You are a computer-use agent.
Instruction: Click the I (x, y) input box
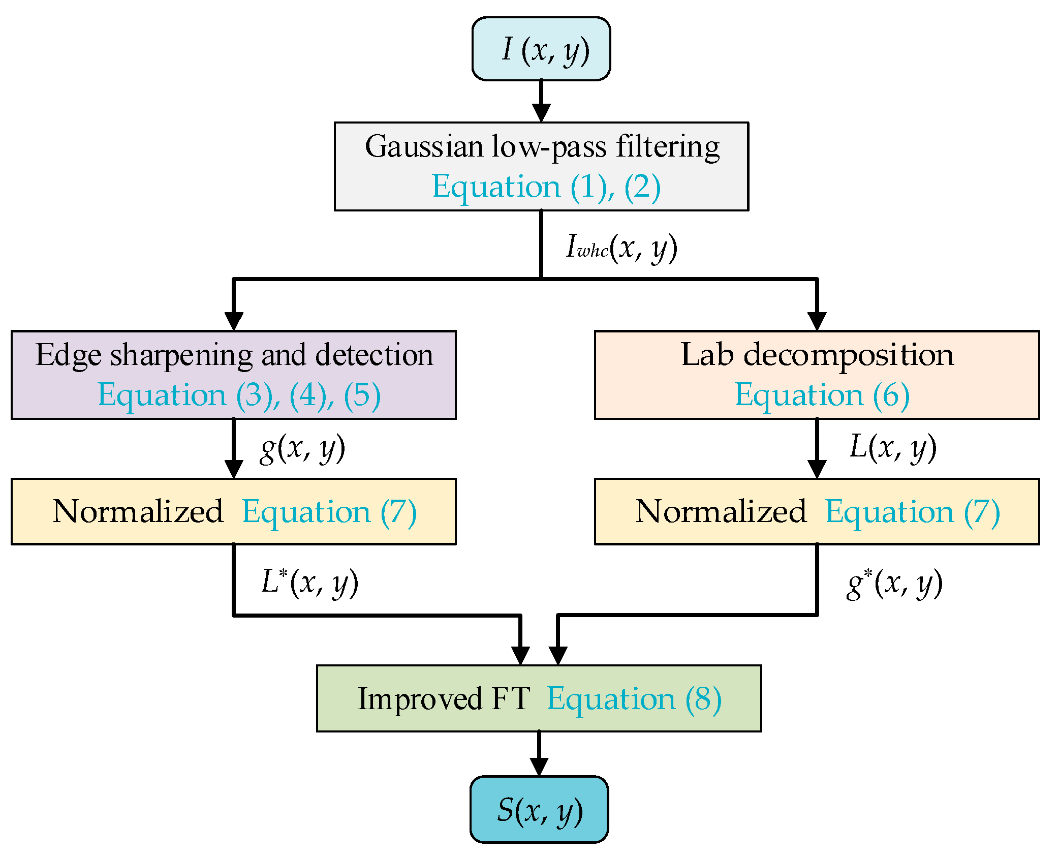coord(541,49)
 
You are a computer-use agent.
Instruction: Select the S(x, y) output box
coord(539,809)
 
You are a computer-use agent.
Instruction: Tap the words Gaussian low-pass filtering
coord(542,147)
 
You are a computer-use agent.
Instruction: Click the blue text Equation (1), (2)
coord(546,187)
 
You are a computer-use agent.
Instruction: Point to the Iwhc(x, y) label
coord(621,248)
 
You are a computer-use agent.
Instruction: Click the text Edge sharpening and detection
coord(234,355)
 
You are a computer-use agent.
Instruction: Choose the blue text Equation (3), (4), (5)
coord(239,395)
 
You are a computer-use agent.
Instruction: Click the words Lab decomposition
coord(817,355)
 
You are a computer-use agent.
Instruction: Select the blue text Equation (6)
coord(822,395)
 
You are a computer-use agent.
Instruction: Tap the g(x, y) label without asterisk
coord(302,448)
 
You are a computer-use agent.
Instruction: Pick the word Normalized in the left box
coord(138,511)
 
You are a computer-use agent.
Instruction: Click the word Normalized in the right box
coord(721,511)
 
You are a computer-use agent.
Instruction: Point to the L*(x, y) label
coord(309,583)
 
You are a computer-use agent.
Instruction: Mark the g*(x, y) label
coord(894,584)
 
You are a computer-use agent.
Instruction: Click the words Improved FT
coord(444,699)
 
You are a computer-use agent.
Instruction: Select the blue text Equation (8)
coord(634,699)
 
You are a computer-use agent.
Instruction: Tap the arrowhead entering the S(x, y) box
coord(539,766)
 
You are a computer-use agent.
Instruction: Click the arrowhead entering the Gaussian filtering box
coord(541,112)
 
